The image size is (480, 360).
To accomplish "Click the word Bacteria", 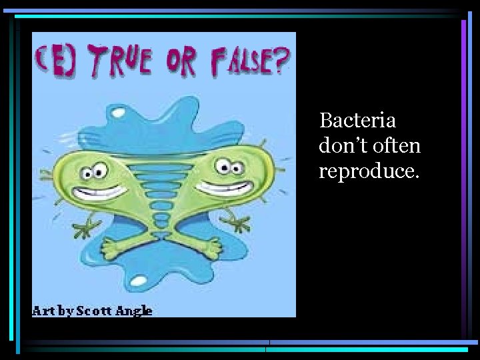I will click(357, 121).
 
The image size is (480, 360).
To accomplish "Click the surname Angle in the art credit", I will click(135, 311).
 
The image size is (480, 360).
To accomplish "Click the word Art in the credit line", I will click(44, 311).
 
